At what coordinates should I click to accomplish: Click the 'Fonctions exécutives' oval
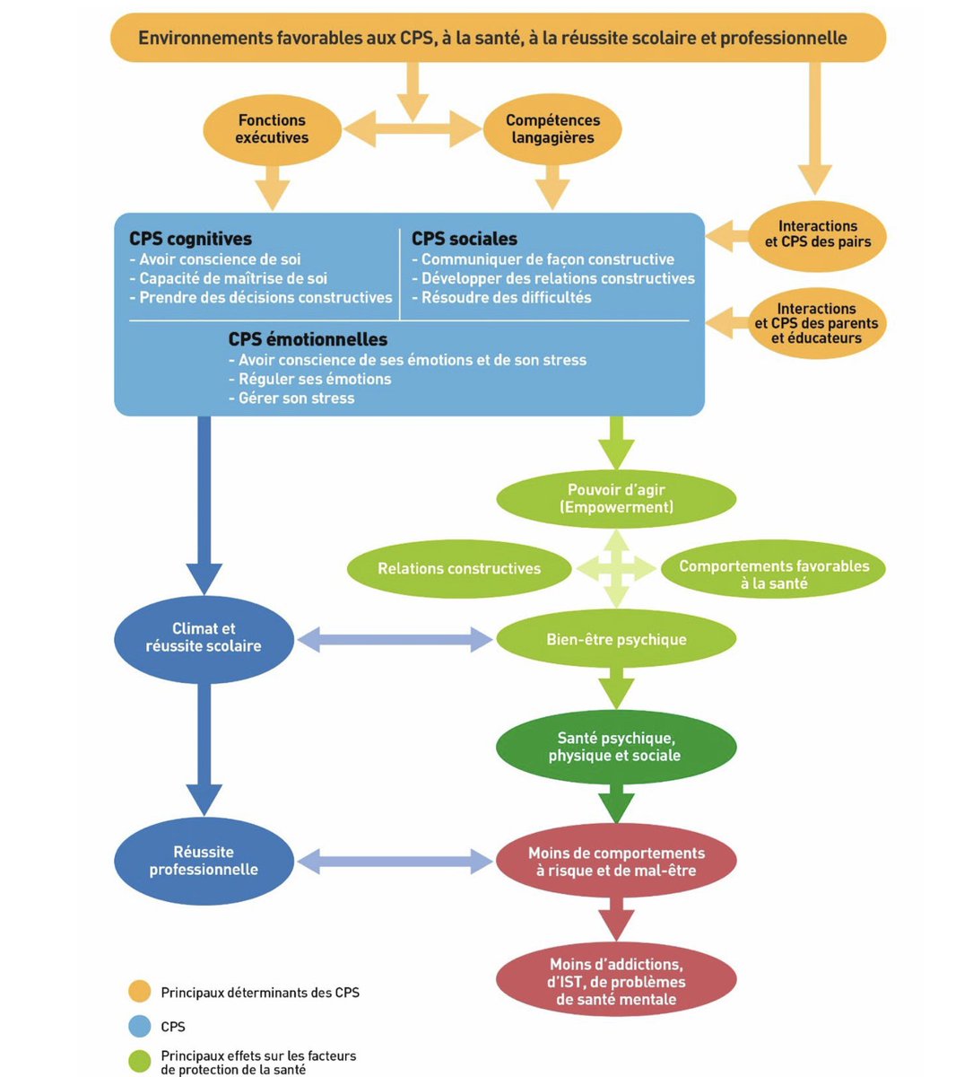coord(272,129)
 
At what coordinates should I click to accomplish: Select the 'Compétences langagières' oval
coord(552,129)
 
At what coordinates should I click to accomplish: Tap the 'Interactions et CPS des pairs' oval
coord(817,234)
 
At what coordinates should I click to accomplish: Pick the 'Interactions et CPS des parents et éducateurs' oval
coord(817,324)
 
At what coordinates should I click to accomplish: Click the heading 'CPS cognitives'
coord(190,239)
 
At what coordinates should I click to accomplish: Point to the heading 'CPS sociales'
coord(465,239)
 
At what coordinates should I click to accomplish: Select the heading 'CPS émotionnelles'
coord(308,339)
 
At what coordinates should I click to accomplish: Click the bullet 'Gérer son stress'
coord(296,398)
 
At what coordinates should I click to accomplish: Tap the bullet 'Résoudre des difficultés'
coord(506,297)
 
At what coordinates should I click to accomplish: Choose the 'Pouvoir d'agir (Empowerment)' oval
coord(616,499)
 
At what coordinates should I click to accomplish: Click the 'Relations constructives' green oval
coord(459,568)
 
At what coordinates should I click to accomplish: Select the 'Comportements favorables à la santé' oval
coord(773,574)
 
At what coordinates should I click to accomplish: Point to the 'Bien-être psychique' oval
coord(616,640)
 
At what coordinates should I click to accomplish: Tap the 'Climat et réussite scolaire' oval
coord(204,637)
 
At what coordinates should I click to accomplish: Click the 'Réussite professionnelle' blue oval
coord(204,861)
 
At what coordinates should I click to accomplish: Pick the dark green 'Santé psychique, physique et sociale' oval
coord(615,747)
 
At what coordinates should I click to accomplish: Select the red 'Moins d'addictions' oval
coord(616,982)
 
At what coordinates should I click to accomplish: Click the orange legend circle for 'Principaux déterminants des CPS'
coord(139,992)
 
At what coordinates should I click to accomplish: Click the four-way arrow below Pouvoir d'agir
coord(616,568)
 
